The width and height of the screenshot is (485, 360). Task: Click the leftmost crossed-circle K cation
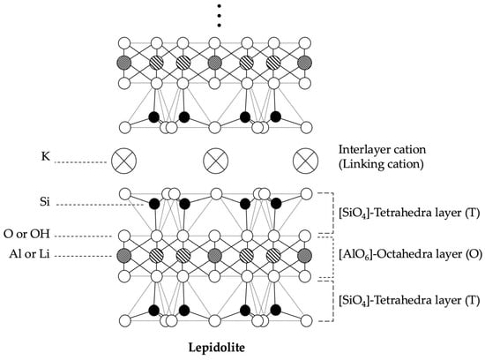point(123,161)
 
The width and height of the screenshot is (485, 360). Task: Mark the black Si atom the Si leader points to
point(153,204)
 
